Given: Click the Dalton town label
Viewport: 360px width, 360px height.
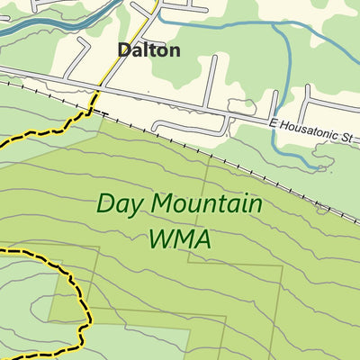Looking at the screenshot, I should tap(148, 50).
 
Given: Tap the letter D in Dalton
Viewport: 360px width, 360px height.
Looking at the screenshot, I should tap(124, 50).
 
